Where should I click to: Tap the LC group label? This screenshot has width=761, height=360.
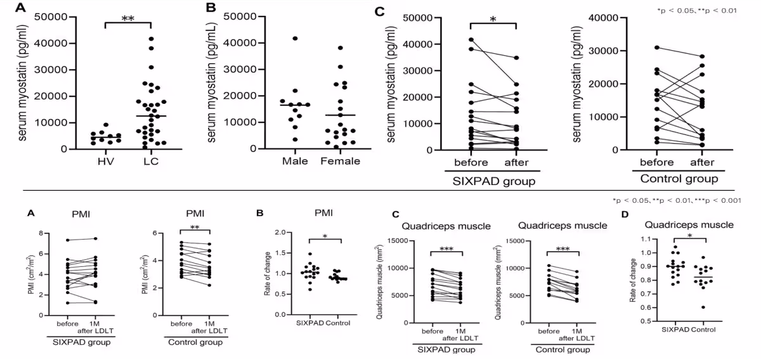(151, 161)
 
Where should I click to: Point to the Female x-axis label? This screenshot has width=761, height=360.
(340, 161)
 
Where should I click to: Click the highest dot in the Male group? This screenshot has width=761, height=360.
(295, 39)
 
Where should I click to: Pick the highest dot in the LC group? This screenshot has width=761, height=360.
(151, 39)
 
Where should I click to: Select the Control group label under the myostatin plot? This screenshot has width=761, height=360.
(679, 179)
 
